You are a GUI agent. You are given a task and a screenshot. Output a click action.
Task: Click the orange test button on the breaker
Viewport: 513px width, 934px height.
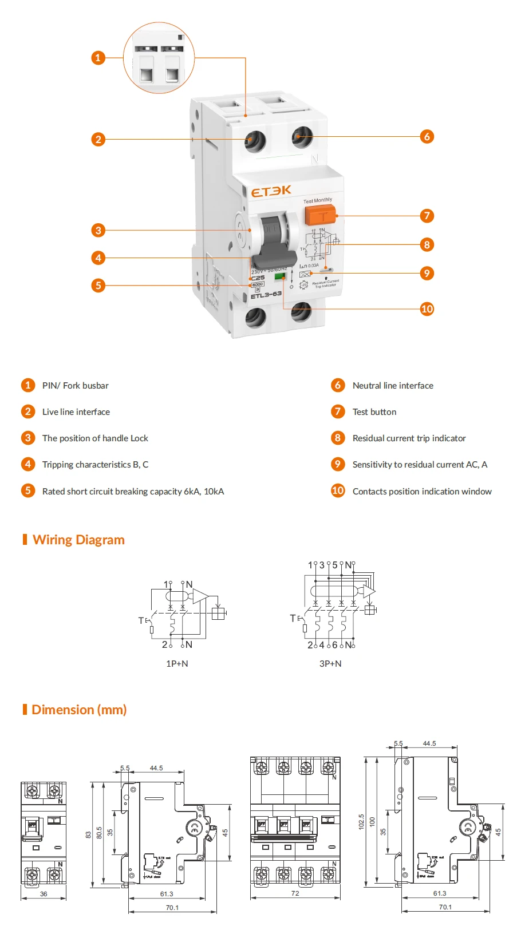pos(321,216)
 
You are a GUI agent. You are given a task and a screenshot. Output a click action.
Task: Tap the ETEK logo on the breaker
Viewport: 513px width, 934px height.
pos(271,191)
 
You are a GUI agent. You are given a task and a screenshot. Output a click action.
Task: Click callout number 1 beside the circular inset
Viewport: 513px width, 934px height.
pos(98,57)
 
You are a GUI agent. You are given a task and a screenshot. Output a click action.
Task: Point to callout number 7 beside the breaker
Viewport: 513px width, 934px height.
pos(427,216)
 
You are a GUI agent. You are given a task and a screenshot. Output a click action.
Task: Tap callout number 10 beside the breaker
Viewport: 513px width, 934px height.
pos(427,309)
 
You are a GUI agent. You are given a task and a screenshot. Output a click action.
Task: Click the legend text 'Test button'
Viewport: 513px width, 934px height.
pos(374,412)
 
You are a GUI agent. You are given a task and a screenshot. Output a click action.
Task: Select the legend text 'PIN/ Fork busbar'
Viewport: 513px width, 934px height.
pos(76,386)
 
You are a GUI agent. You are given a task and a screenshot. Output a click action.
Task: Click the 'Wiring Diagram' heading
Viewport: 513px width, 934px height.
pos(78,540)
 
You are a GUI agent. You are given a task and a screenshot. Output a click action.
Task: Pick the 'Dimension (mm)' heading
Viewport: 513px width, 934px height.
pos(79,710)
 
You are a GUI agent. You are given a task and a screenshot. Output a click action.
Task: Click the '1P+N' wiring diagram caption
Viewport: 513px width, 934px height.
pos(177,664)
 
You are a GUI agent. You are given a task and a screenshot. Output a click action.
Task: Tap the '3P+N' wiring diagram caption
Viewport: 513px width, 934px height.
pos(330,664)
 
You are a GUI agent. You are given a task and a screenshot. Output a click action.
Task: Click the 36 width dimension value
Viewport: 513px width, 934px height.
pos(44,894)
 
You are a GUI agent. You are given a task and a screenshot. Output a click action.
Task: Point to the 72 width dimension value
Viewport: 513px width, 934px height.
pos(295,893)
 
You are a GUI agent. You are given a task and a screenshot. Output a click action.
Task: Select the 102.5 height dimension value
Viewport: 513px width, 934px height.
pos(361,822)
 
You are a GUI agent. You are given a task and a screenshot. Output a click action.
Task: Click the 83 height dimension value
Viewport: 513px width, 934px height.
pos(88,835)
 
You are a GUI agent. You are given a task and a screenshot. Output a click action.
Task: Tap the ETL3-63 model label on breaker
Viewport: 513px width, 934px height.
pos(266,295)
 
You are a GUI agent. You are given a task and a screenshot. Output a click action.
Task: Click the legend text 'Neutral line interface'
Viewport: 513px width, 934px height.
pos(393,386)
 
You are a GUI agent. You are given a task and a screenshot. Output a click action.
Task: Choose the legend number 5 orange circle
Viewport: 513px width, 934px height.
pos(28,490)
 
